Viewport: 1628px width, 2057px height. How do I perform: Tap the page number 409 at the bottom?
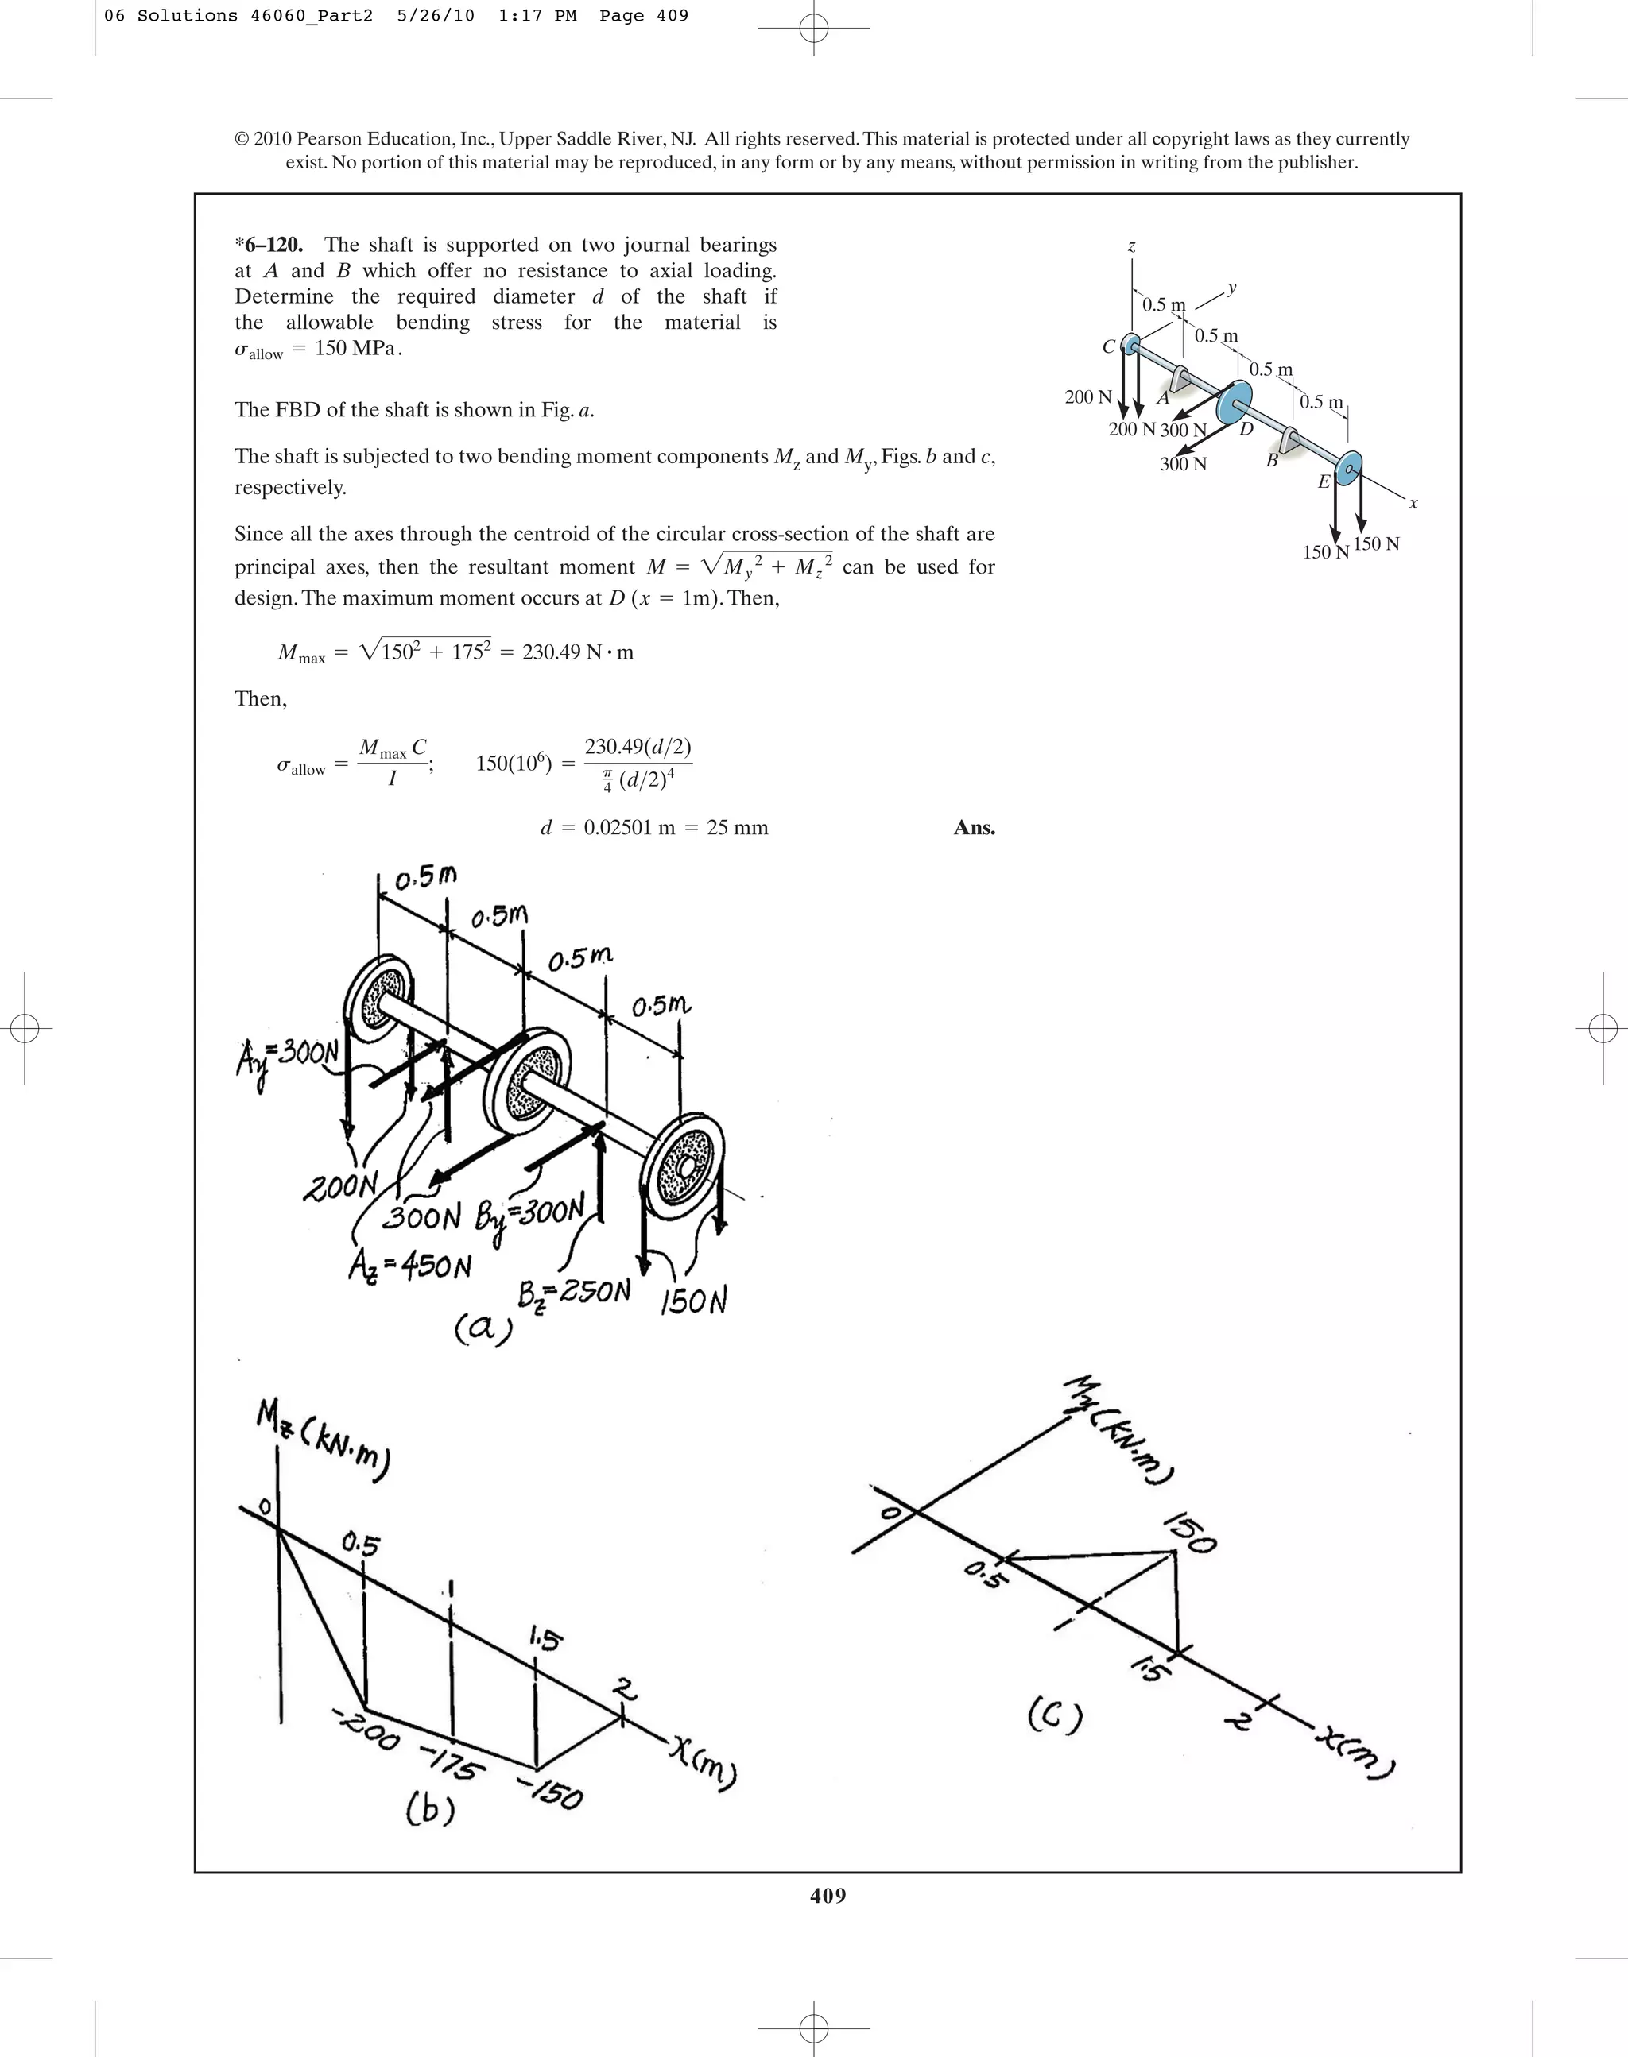[828, 1895]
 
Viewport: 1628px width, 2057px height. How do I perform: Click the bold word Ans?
[974, 828]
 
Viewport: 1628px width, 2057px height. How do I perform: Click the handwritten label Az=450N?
[410, 1266]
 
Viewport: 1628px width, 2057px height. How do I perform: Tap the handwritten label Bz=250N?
[574, 1293]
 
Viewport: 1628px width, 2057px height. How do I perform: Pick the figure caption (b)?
[430, 1808]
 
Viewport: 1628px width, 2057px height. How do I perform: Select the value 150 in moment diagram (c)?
[1192, 1532]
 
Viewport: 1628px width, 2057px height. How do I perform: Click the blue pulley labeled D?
[1235, 403]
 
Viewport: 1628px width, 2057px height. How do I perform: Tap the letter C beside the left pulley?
[1109, 346]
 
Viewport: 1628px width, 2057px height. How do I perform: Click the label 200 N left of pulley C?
[1087, 397]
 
